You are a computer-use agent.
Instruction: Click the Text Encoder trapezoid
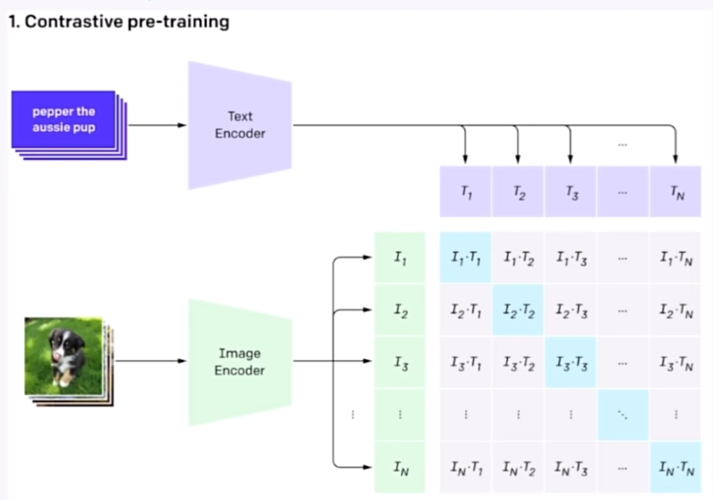click(240, 125)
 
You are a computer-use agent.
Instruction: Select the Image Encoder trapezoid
click(240, 362)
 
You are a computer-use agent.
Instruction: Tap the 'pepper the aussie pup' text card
click(64, 120)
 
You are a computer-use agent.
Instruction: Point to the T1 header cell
click(465, 192)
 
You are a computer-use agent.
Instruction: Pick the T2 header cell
click(518, 192)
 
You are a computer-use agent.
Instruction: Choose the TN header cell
click(675, 192)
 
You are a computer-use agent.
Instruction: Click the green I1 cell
click(399, 257)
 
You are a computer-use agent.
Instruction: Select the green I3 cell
click(399, 363)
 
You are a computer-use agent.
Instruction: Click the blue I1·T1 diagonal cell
click(465, 258)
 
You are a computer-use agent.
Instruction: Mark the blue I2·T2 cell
click(518, 310)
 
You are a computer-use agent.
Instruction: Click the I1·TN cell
click(675, 258)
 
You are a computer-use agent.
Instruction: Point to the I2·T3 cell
click(570, 310)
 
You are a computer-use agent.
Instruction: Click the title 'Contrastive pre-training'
click(119, 22)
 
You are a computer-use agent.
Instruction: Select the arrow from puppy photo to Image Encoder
click(150, 360)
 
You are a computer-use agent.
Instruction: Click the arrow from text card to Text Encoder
click(156, 125)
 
